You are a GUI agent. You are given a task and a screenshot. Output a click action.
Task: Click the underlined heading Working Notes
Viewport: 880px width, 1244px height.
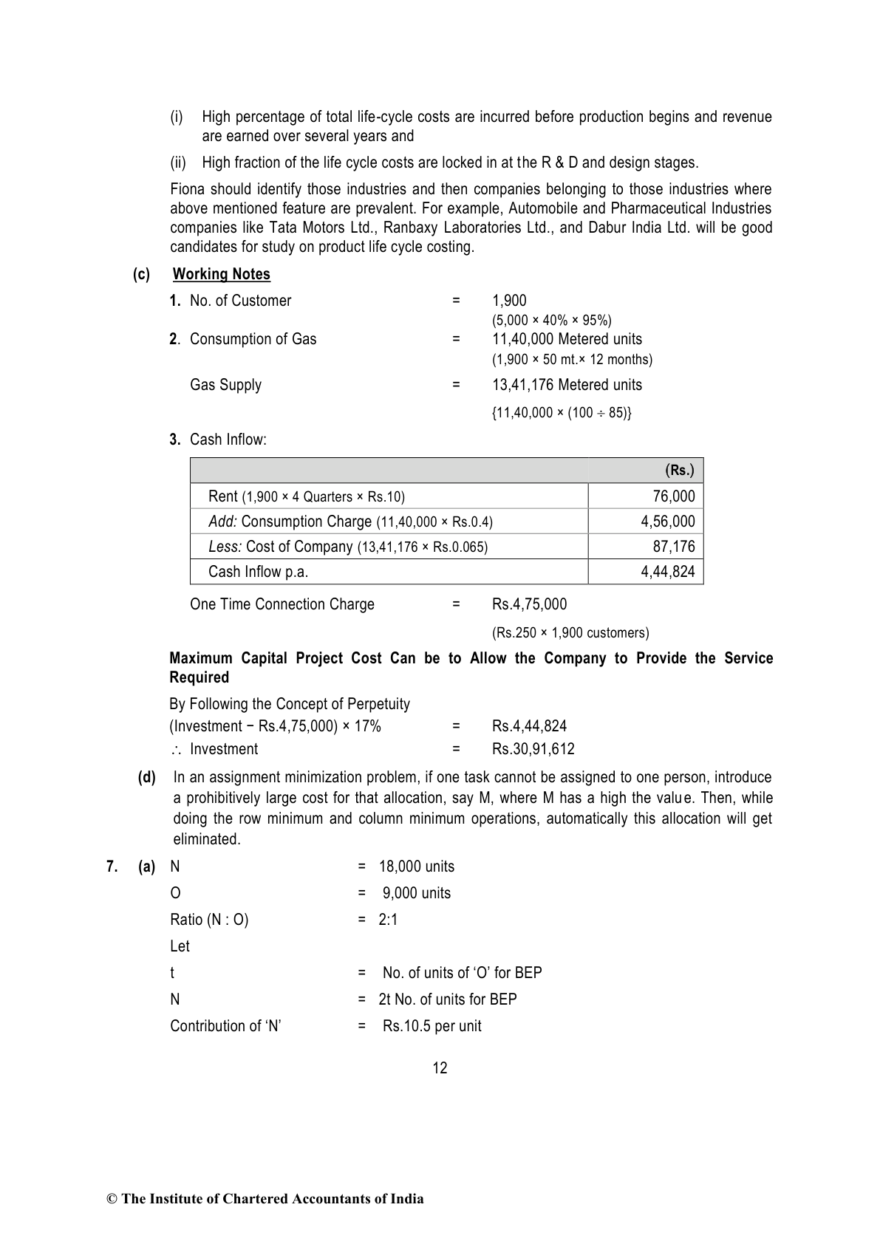[221, 274]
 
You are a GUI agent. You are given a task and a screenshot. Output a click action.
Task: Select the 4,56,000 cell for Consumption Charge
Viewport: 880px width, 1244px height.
[667, 522]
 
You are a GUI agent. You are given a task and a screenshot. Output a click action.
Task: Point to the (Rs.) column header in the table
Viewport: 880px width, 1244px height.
[679, 471]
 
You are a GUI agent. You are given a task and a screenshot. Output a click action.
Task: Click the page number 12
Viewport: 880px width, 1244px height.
[440, 1068]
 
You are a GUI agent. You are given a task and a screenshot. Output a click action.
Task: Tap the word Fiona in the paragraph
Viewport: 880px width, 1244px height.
[188, 189]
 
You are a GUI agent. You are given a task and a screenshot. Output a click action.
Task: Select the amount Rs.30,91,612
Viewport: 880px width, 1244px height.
[533, 749]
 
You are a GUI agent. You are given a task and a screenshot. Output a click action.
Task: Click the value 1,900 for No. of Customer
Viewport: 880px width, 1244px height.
[509, 301]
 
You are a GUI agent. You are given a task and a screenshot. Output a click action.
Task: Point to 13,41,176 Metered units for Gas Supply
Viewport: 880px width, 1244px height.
[567, 385]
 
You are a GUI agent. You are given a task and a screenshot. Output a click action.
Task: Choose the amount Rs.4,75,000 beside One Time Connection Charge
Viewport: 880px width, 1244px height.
[529, 604]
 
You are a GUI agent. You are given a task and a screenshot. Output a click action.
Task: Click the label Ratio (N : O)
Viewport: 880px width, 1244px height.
[209, 920]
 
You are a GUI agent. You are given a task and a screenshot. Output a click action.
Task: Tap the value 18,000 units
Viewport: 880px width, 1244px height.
[417, 867]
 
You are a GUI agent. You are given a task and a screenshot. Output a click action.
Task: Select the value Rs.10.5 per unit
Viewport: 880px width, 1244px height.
[432, 1026]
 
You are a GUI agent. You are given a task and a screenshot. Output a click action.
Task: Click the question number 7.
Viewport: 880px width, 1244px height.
[112, 867]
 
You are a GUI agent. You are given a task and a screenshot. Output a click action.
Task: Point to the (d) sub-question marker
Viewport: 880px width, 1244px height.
[147, 777]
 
